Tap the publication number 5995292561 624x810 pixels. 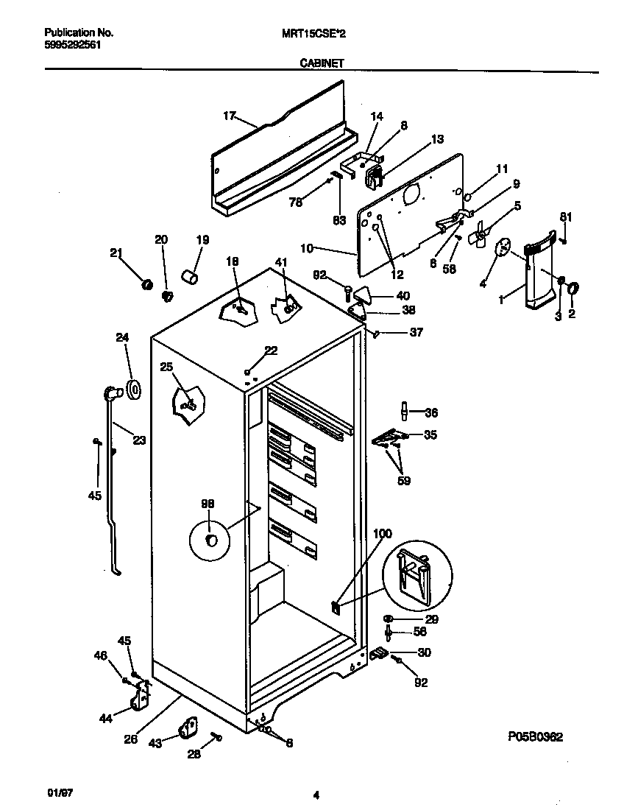coord(73,44)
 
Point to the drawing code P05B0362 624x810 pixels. coord(535,738)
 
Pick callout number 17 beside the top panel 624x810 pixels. coord(230,116)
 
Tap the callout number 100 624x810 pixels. coord(383,533)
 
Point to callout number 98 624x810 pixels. coord(208,504)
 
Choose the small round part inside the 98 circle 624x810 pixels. coord(212,541)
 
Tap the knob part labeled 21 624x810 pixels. coord(146,283)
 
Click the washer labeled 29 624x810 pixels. coord(389,619)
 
